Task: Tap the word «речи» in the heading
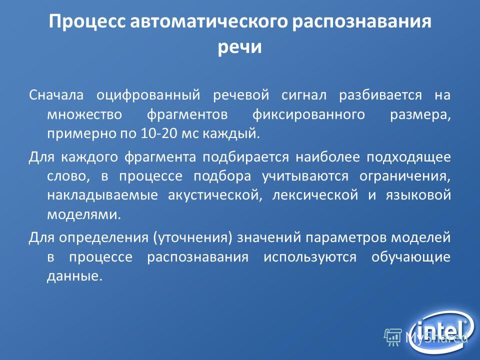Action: (x=239, y=47)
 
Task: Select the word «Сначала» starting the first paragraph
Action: (x=56, y=95)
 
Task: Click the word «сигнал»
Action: (x=304, y=95)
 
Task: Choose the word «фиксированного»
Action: (x=308, y=115)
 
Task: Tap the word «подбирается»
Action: (x=246, y=157)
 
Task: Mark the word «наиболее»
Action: (x=327, y=157)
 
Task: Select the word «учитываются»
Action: (x=305, y=177)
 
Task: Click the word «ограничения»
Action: (x=405, y=177)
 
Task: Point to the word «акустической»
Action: (x=215, y=196)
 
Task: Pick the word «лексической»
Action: (x=315, y=196)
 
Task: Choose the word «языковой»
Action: (x=418, y=195)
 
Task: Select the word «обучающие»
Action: (x=411, y=257)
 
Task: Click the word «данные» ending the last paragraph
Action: (x=74, y=276)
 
